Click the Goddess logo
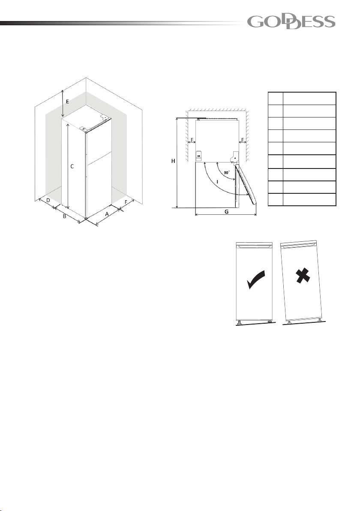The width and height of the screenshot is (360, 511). click(291, 22)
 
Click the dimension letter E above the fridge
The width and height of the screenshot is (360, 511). click(67, 101)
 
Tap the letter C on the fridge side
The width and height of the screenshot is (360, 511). click(72, 166)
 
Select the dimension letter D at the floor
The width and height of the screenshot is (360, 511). click(48, 200)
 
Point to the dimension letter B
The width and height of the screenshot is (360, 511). click(65, 216)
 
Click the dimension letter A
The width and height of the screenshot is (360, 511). click(107, 214)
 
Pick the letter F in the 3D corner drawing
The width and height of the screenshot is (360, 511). click(126, 202)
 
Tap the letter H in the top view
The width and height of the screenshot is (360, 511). click(173, 161)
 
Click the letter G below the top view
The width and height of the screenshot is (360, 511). click(226, 211)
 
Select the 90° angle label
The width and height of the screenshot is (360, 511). click(227, 172)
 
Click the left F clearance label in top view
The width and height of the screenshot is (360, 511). click(192, 140)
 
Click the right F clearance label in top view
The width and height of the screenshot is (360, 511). click(243, 140)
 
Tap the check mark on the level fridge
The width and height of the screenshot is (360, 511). click(256, 280)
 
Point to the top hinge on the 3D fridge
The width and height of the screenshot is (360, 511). click(84, 129)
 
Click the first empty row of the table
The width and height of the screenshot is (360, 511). click(302, 99)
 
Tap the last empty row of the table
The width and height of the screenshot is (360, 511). click(302, 199)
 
